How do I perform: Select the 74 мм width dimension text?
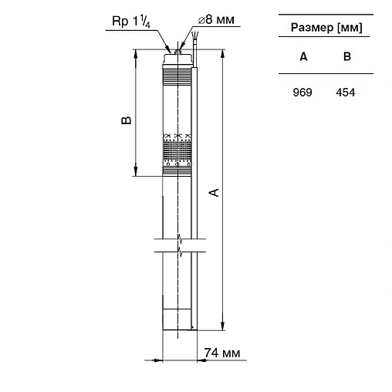point(222,353)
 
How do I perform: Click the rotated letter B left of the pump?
point(127,120)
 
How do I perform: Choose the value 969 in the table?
point(303,92)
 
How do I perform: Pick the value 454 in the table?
point(346,92)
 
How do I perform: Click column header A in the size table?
point(303,56)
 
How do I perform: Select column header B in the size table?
point(346,56)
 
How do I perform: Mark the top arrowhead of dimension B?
point(137,53)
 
